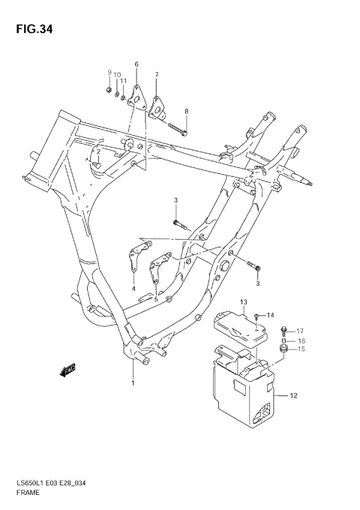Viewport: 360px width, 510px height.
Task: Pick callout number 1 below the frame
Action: pyautogui.click(x=133, y=383)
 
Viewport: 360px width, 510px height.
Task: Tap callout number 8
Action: pyautogui.click(x=187, y=112)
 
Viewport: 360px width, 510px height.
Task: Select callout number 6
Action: pyautogui.click(x=136, y=64)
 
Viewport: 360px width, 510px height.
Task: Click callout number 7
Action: pyautogui.click(x=156, y=75)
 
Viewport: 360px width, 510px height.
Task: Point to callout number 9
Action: pyautogui.click(x=109, y=72)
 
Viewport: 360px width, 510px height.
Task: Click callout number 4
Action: pyautogui.click(x=134, y=288)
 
